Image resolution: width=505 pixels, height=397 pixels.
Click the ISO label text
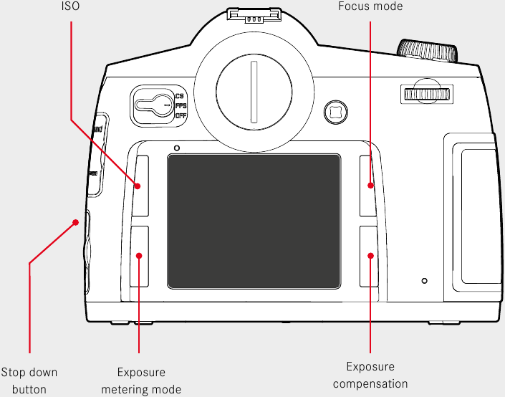(70, 6)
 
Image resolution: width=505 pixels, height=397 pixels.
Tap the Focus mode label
(370, 6)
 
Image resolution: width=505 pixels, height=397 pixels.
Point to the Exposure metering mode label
(141, 381)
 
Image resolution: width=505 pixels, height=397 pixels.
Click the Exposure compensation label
(370, 375)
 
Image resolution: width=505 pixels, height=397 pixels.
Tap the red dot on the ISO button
(138, 186)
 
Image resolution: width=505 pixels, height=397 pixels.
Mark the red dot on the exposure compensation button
(370, 255)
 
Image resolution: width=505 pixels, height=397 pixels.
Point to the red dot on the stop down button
(75, 223)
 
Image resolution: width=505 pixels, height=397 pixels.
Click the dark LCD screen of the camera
(254, 220)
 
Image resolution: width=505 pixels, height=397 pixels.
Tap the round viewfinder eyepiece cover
(252, 92)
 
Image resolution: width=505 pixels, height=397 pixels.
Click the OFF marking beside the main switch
(181, 115)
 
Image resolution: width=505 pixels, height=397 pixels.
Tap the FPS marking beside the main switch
(181, 105)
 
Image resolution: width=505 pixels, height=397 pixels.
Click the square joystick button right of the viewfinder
(335, 110)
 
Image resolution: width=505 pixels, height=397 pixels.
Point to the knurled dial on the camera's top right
(428, 52)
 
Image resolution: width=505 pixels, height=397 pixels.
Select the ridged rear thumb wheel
(426, 94)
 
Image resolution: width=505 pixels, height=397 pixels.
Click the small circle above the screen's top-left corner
(176, 148)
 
